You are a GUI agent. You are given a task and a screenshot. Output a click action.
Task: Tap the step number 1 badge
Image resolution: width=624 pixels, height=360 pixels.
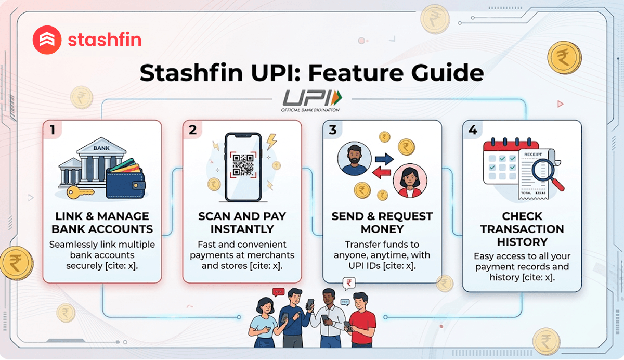[52, 130]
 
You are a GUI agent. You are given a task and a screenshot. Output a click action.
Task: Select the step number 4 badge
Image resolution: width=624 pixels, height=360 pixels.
[472, 130]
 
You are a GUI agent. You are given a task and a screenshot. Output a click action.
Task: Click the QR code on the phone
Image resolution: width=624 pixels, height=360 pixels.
[243, 164]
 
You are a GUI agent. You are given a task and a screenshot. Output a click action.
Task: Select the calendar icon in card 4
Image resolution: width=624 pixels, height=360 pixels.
[501, 162]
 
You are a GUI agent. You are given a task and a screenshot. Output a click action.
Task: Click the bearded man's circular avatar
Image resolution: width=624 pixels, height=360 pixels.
[355, 157]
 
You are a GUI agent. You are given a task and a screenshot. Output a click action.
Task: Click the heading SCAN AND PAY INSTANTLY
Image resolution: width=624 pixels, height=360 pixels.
[242, 223]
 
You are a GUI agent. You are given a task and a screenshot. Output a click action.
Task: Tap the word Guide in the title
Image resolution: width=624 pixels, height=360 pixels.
[447, 73]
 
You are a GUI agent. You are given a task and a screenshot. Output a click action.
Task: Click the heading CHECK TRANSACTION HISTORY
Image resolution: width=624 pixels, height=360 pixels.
[522, 229]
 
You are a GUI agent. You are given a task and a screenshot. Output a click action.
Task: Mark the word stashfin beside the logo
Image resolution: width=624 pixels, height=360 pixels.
[105, 40]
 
